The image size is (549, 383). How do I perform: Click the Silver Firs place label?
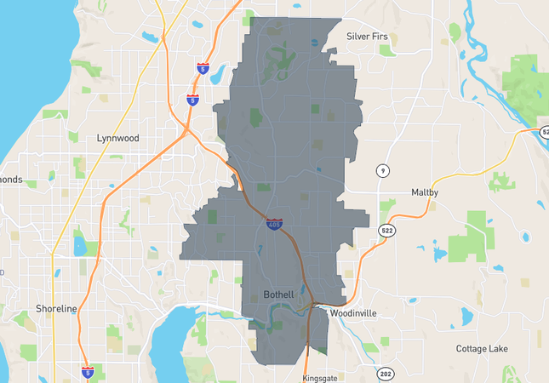[373, 36]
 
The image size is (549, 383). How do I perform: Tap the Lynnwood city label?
[117, 137]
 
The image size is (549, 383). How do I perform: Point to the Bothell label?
[277, 294]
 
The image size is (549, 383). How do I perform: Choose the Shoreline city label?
[56, 308]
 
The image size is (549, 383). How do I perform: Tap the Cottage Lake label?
[483, 349]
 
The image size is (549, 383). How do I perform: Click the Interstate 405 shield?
[273, 225]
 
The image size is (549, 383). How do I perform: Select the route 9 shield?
[383, 171]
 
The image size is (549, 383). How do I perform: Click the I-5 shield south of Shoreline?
[88, 372]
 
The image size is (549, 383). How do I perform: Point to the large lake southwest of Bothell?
[174, 340]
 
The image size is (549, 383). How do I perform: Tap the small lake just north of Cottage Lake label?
[466, 317]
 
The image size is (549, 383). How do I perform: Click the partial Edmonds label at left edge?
[11, 180]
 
